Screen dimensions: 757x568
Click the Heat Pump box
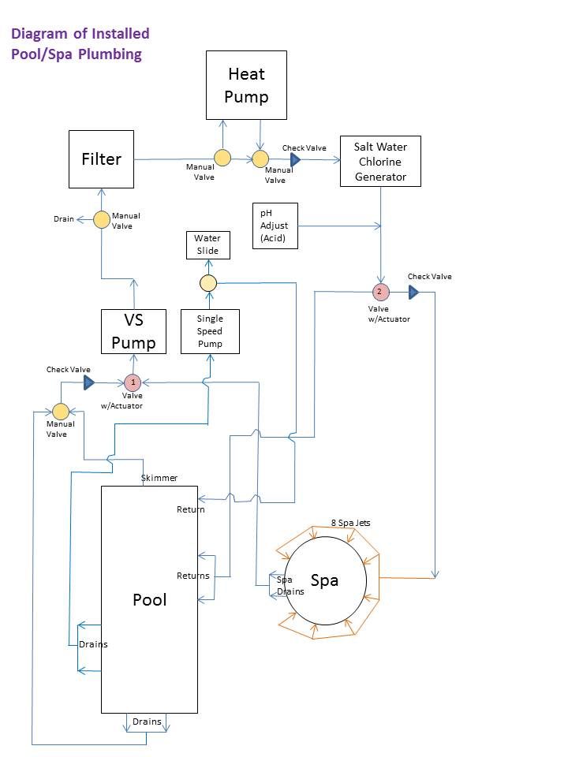pos(246,85)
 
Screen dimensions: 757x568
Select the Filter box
pos(101,159)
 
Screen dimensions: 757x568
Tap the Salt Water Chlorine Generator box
pos(380,161)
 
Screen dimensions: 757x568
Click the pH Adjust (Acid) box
pos(275,226)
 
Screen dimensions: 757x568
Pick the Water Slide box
pos(207,244)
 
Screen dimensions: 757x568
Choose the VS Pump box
pos(133,331)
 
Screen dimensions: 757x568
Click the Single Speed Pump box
pos(209,331)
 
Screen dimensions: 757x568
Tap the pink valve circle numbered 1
pos(133,382)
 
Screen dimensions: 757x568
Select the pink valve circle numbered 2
pos(380,292)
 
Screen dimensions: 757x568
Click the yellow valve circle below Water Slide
pos(207,282)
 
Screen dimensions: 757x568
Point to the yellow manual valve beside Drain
pos(102,219)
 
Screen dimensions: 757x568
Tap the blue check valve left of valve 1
pos(89,382)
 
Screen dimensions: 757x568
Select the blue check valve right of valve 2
pos(413,293)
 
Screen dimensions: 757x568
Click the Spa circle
pos(325,581)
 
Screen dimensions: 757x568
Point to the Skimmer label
pos(159,478)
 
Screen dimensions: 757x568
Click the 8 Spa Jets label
pos(350,523)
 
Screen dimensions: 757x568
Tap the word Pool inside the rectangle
pos(149,599)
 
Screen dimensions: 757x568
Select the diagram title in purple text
pos(79,44)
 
